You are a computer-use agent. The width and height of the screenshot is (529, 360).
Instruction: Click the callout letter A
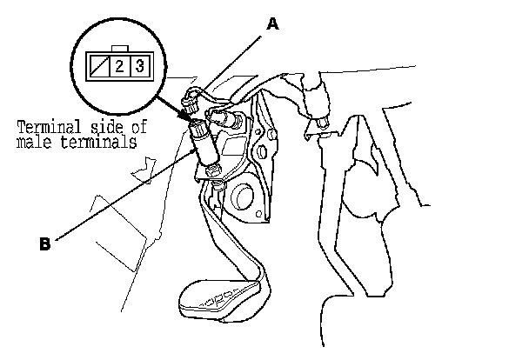click(x=272, y=25)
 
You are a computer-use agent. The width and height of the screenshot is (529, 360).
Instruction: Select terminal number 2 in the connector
click(x=118, y=65)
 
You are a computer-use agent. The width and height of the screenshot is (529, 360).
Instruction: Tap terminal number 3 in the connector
click(x=139, y=65)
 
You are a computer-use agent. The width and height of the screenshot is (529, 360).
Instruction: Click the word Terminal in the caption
click(x=47, y=129)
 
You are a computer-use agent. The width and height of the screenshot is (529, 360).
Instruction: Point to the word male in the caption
click(x=33, y=143)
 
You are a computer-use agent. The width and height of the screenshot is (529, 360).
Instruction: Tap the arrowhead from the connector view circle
click(x=190, y=120)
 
